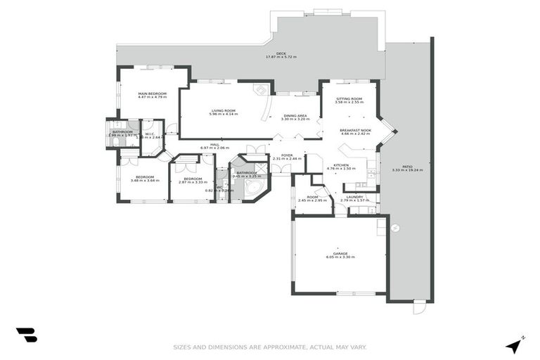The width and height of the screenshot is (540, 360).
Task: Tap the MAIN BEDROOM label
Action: (152, 94)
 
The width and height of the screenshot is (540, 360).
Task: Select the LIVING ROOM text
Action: (224, 110)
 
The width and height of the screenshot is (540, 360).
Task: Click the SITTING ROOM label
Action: (349, 98)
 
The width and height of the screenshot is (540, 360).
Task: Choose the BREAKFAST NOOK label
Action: (354, 130)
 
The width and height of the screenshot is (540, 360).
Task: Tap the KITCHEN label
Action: (341, 165)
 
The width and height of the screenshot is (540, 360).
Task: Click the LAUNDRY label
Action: (354, 197)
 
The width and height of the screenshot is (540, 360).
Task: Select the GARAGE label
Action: (340, 253)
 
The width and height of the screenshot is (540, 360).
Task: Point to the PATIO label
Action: (407, 167)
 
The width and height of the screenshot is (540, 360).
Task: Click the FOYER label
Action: (287, 155)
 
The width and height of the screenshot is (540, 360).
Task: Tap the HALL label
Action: (214, 144)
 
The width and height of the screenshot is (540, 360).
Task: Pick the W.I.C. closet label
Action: (150, 134)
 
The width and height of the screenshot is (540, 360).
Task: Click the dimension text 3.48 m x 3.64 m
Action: (145, 181)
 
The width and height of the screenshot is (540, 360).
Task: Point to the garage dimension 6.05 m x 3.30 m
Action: (340, 257)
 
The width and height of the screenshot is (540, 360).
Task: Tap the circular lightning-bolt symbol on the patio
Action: (395, 228)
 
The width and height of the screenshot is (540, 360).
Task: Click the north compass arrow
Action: (515, 345)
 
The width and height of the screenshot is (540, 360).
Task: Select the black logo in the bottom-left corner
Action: (27, 335)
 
